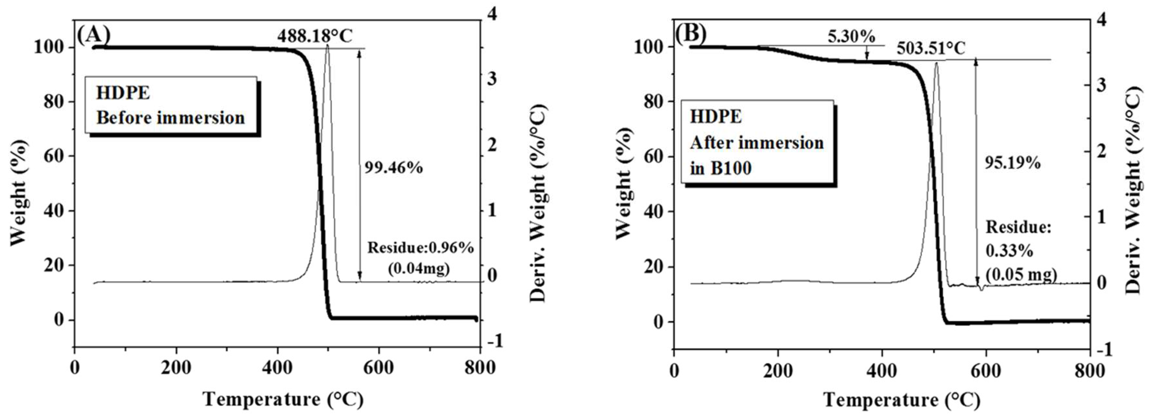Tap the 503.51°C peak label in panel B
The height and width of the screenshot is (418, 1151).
931,49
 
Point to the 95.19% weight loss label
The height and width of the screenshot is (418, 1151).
1013,163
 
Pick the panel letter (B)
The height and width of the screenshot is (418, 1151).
690,34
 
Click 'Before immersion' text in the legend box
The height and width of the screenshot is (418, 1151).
171,118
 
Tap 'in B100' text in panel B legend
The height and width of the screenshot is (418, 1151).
721,168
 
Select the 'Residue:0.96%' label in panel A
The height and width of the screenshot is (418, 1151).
420,248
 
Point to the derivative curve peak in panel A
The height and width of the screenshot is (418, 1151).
327,46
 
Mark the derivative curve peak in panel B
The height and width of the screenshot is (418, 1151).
936,64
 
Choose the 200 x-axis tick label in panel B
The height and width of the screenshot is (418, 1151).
778,371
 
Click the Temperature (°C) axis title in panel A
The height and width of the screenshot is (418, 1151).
283,399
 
